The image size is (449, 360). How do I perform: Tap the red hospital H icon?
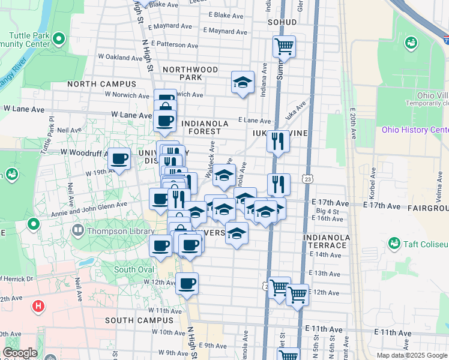point(38,307)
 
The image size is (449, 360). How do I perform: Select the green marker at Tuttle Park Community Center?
point(58,40)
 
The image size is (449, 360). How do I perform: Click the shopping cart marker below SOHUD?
point(284,46)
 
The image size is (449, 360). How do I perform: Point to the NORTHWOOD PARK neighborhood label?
point(190,73)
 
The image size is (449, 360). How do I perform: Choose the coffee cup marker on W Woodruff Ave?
point(119,159)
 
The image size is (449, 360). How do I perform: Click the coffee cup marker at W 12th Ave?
point(187,283)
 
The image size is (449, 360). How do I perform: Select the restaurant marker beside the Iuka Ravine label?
point(277,141)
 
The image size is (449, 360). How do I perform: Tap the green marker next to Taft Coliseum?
point(394,244)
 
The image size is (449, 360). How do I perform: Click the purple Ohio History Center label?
point(415,130)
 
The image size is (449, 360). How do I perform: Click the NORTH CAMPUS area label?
point(101,84)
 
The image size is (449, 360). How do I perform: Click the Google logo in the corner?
point(20,353)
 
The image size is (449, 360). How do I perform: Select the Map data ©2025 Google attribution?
point(412,355)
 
